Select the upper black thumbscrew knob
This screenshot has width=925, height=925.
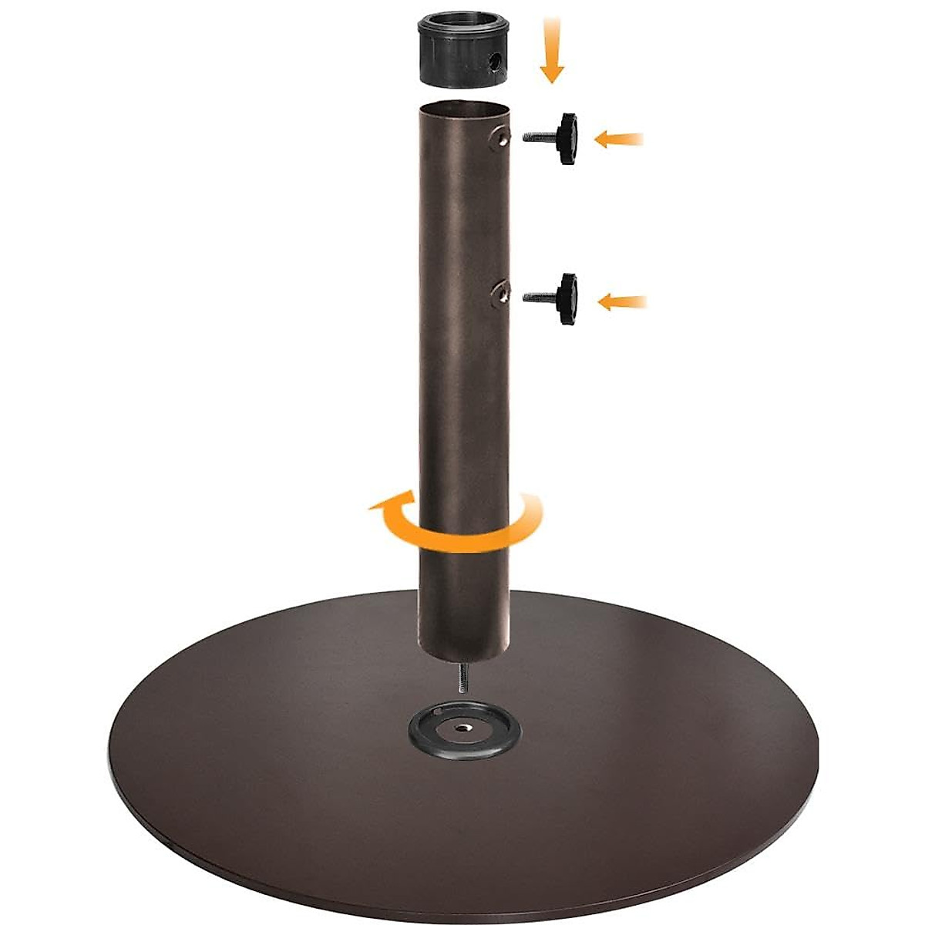569,139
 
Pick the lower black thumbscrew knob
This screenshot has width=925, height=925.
569,298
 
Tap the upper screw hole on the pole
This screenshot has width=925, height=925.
502,138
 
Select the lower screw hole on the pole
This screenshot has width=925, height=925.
501,294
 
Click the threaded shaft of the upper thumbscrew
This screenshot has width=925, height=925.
540,137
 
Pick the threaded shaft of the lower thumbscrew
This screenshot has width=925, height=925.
540,296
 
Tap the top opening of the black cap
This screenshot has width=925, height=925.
462,26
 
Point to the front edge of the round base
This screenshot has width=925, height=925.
462,886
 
